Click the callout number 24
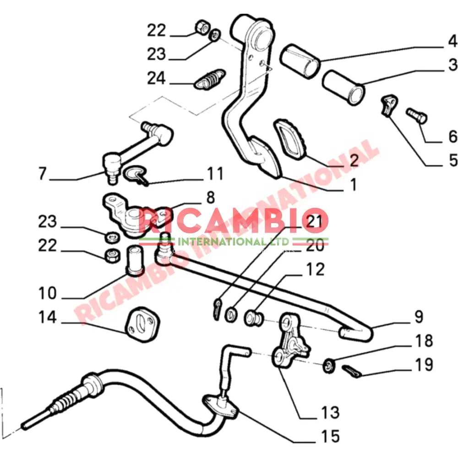tap(156, 78)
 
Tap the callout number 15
tap(330, 436)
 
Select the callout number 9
tap(419, 316)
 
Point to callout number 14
tap(47, 317)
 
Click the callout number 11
tap(215, 174)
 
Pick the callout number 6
tap(453, 136)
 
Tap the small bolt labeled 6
tap(417, 115)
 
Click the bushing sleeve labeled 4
tap(300, 61)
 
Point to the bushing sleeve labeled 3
tap(343, 87)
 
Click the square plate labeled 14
tap(142, 325)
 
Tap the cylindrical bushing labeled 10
tap(135, 261)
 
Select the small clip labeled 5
tap(389, 105)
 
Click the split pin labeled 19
tap(352, 371)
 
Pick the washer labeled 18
tap(329, 366)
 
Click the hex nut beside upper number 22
tap(202, 27)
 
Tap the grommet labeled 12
tap(253, 318)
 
